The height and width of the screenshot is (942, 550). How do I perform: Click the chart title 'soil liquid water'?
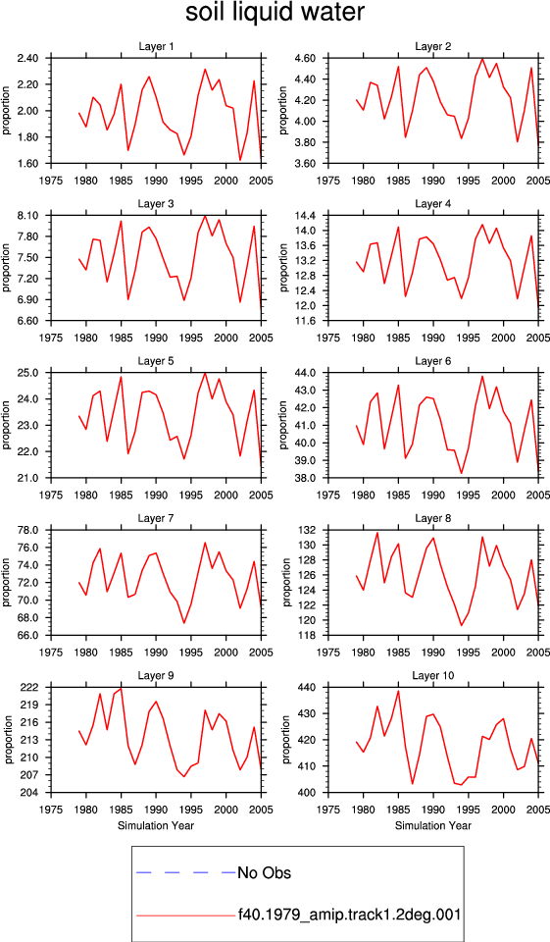275,13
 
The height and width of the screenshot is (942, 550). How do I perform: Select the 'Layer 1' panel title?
156,47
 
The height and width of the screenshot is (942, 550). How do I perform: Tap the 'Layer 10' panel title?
433,676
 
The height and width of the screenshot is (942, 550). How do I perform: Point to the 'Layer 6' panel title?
433,361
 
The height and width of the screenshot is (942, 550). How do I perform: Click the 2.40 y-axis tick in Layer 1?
28,58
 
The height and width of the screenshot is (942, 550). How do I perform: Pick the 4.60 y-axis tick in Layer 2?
306,58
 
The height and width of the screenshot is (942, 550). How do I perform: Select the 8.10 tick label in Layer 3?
28,216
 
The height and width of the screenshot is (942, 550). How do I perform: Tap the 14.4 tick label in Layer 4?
306,216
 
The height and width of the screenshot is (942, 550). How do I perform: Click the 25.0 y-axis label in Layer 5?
28,373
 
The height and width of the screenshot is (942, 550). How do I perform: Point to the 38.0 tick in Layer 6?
306,478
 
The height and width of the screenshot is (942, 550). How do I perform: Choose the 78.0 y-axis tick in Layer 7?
28,531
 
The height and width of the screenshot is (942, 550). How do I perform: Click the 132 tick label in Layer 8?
309,531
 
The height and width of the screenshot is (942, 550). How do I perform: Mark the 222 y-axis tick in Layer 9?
31,687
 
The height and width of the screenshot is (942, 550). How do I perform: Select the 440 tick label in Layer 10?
309,687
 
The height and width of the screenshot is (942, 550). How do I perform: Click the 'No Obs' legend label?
264,872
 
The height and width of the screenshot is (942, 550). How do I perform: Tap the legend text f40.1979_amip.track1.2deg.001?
349,915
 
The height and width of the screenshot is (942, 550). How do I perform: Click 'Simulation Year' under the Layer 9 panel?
156,825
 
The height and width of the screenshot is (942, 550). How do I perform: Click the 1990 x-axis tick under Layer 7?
156,653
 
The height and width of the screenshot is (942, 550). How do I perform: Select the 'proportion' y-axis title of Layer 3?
7,268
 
